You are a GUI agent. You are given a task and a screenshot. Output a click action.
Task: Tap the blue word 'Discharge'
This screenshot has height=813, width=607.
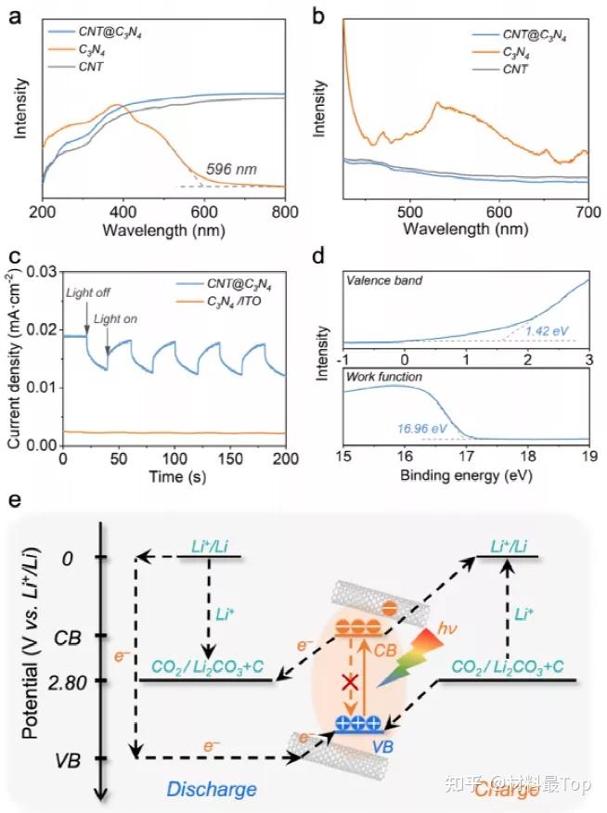(x=212, y=789)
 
